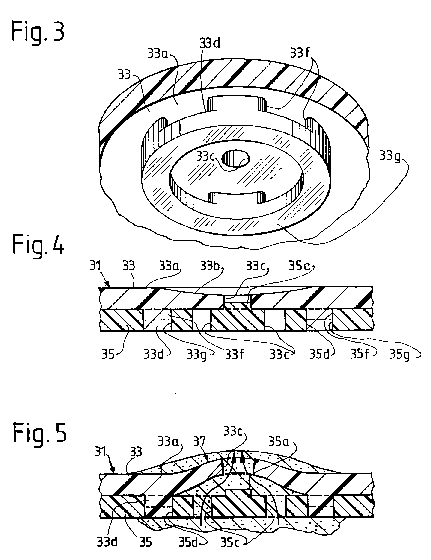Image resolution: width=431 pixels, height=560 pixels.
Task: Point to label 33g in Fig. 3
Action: [389, 156]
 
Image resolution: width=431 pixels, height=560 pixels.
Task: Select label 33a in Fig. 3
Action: [158, 54]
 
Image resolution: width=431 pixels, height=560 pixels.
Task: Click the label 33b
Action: [210, 267]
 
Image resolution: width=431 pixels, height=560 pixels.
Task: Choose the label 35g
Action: [399, 355]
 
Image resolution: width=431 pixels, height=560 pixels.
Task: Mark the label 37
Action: [199, 441]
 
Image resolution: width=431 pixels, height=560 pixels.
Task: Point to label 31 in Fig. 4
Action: [95, 266]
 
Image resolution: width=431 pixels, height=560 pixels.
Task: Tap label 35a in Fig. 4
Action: [299, 267]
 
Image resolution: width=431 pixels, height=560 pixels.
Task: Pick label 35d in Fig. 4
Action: [319, 355]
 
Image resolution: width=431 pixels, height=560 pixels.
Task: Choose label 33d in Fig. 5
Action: [107, 542]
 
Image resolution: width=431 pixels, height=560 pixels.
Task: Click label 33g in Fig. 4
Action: [196, 355]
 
